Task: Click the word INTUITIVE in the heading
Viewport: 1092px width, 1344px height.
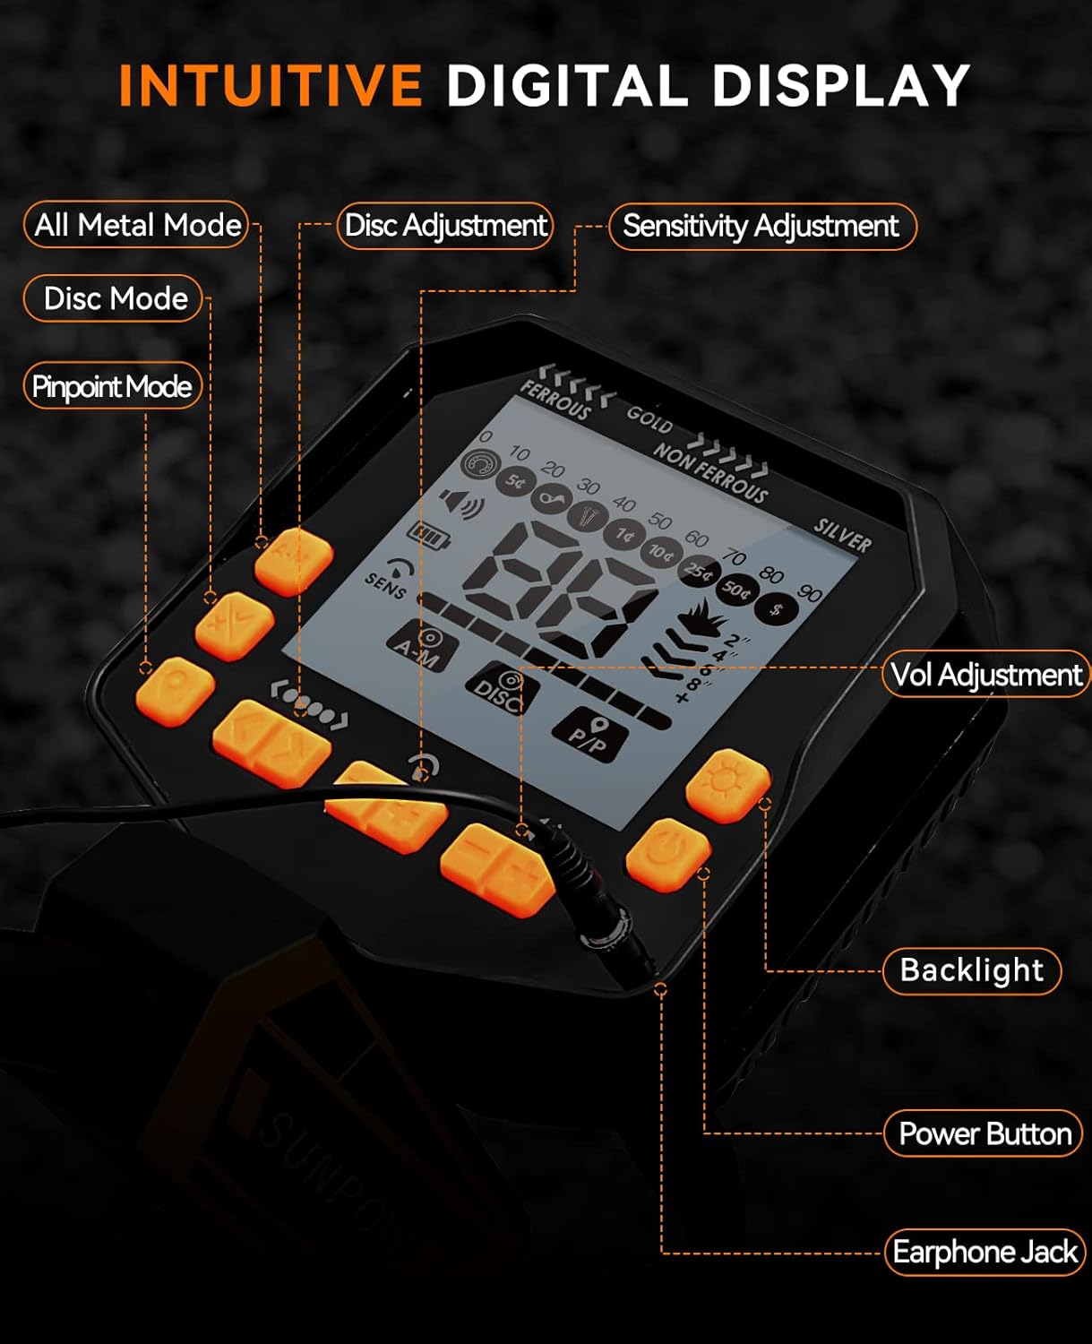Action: click(270, 86)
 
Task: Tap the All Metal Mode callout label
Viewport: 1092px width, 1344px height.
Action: click(137, 225)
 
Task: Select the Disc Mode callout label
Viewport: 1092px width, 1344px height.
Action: click(115, 298)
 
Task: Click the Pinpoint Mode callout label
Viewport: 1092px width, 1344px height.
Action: click(112, 386)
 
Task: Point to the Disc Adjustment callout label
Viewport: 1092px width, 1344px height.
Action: click(445, 226)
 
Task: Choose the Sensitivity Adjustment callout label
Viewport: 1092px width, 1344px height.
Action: click(761, 227)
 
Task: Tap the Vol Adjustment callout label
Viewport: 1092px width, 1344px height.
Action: click(985, 675)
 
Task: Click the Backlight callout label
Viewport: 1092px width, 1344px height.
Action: click(972, 970)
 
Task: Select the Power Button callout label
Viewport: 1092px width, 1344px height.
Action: click(985, 1134)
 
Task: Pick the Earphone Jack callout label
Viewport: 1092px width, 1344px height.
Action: click(985, 1252)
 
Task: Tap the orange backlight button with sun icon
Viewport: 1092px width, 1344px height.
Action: click(727, 784)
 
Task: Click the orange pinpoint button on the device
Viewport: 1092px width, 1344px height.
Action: click(176, 690)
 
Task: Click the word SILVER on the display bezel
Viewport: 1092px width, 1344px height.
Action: click(842, 535)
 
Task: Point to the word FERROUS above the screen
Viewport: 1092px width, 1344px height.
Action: click(555, 399)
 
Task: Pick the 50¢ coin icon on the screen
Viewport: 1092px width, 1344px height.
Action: click(736, 589)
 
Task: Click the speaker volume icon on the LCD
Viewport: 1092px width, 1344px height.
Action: click(461, 504)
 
